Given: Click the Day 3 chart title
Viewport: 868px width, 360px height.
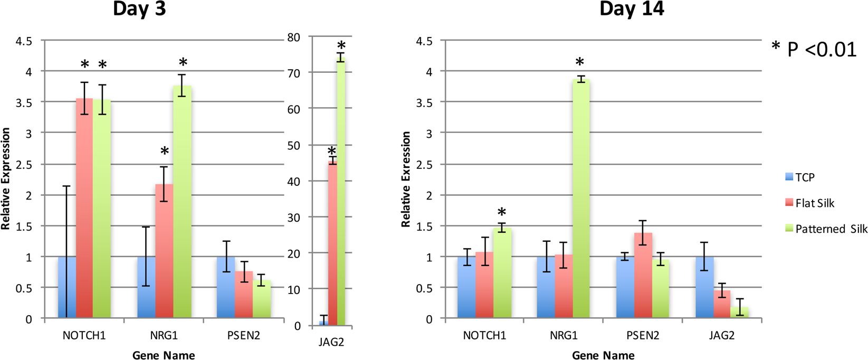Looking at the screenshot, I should coord(139,9).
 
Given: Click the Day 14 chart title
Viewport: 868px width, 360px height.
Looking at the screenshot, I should coord(632,9).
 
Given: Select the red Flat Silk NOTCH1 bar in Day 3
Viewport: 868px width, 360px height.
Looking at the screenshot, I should coord(84,211).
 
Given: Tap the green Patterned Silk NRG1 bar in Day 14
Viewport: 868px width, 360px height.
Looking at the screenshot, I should coord(580,201).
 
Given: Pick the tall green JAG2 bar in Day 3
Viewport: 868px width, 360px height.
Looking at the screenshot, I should coord(341,195).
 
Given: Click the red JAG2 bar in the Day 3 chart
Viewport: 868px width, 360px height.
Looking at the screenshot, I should coord(332,243).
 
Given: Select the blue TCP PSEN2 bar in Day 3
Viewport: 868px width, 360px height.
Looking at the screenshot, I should coord(226,288).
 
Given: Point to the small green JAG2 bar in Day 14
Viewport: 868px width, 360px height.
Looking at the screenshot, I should coord(739,312).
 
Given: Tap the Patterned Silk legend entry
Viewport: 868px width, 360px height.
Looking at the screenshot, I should coord(826,229).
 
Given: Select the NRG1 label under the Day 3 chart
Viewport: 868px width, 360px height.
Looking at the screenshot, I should coord(164,336).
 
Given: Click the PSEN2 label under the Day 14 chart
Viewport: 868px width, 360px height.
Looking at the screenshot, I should coord(643,336).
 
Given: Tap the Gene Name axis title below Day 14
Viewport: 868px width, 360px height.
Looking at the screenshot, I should coord(603,355).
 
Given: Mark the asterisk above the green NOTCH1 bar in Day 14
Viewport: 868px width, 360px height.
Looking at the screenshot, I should coord(502,212).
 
